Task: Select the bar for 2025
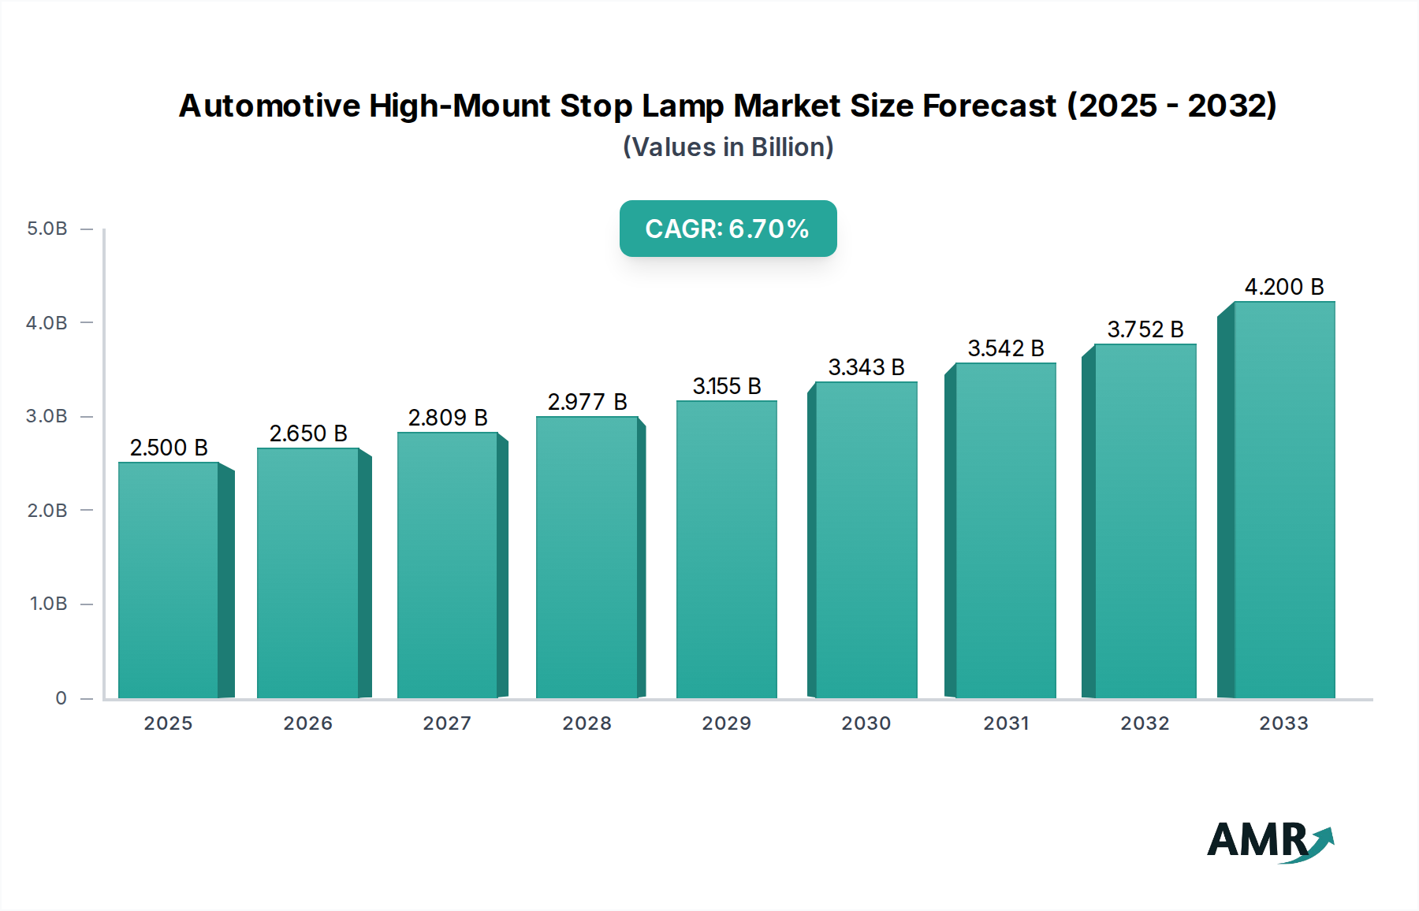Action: click(x=168, y=580)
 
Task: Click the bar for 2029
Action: click(x=726, y=549)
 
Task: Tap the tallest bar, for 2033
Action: click(x=1284, y=500)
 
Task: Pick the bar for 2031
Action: click(x=1005, y=530)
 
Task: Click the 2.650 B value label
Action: click(x=308, y=433)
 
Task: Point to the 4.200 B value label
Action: click(x=1284, y=287)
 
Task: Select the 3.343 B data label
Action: click(x=866, y=367)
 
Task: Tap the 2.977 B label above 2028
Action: click(x=587, y=402)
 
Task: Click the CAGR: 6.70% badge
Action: click(x=728, y=229)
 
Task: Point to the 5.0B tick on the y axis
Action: click(x=47, y=229)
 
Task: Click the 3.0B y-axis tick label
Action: click(x=47, y=416)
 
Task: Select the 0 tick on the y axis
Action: click(x=61, y=698)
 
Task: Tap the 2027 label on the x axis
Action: click(x=447, y=723)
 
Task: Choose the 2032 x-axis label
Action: click(x=1145, y=723)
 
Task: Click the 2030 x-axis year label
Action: click(x=866, y=723)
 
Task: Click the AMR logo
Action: click(x=1270, y=842)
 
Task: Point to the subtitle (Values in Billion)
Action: click(x=728, y=147)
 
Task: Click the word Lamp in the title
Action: click(x=682, y=106)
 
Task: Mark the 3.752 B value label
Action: click(x=1145, y=329)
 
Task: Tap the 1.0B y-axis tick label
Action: click(x=48, y=604)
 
